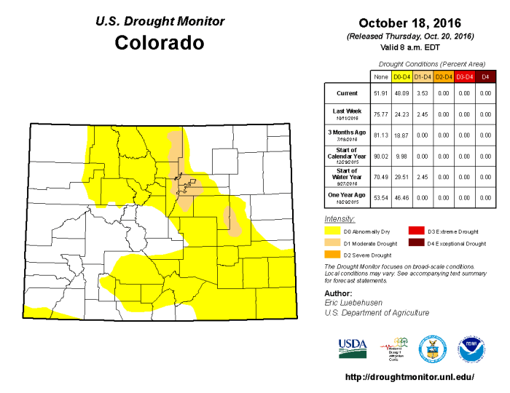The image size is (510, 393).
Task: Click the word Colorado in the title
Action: point(159,43)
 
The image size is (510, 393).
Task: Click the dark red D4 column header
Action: point(486,76)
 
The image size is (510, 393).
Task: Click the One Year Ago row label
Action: point(345,196)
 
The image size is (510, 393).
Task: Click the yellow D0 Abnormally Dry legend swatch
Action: point(331,231)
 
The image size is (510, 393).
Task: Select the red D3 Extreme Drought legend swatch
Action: point(415,231)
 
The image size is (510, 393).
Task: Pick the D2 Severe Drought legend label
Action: point(366,255)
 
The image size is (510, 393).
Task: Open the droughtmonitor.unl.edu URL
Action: point(409,377)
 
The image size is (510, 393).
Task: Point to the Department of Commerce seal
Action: point(432,349)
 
